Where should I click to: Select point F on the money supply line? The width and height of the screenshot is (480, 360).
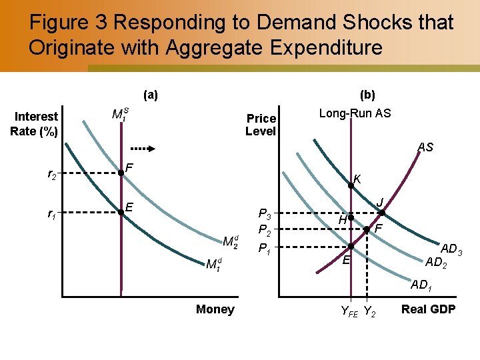click(121, 173)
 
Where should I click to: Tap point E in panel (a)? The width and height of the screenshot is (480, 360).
click(121, 212)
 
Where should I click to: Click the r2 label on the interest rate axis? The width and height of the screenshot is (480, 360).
click(51, 175)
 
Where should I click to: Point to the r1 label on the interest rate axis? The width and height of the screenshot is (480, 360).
click(51, 214)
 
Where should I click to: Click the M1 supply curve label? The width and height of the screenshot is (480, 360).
click(120, 115)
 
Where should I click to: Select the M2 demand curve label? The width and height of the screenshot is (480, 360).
click(231, 241)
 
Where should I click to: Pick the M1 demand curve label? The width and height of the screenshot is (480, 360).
click(214, 265)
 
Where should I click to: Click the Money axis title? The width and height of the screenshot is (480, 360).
click(215, 309)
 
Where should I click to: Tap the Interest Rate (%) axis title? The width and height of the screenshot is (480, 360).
click(34, 124)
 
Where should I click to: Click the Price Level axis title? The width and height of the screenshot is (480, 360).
click(261, 125)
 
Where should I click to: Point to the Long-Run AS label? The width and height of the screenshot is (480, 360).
click(355, 113)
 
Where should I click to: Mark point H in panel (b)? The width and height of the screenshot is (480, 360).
click(350, 218)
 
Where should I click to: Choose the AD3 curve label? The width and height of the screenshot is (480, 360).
click(451, 249)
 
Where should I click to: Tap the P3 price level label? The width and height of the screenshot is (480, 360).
click(264, 215)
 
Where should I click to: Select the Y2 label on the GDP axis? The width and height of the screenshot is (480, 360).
click(369, 311)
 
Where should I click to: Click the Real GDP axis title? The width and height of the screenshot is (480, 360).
click(427, 309)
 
